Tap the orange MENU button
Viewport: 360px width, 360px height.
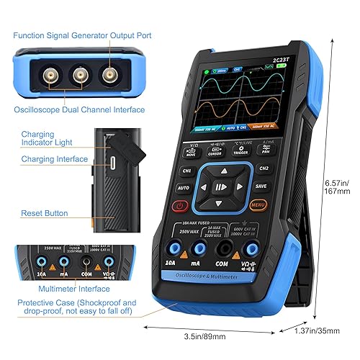257,204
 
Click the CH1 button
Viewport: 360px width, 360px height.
186,171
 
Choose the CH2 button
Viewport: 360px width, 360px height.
264,168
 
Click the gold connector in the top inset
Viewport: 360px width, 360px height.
109,75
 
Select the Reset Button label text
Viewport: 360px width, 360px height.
45,214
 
